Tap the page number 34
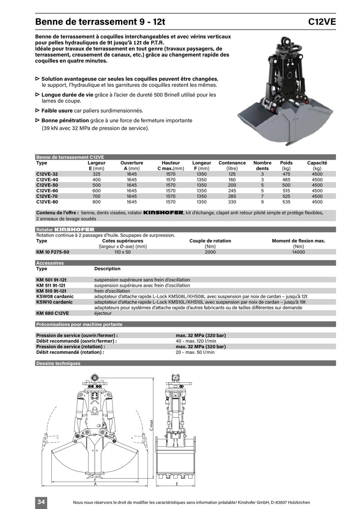click(41, 502)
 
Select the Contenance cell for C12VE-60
click(232, 191)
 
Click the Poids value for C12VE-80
click(286, 202)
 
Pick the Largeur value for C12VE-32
click(96, 174)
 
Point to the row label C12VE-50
click(47, 185)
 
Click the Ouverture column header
click(132, 163)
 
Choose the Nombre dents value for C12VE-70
click(262, 196)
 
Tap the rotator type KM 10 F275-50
click(52, 252)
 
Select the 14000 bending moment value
click(298, 252)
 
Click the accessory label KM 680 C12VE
click(52, 313)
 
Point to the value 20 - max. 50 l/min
click(195, 352)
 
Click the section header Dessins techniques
click(58, 363)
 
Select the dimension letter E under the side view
click(177, 484)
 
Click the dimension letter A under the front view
click(95, 484)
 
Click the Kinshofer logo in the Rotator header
click(74, 229)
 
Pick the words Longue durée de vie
click(67, 95)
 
